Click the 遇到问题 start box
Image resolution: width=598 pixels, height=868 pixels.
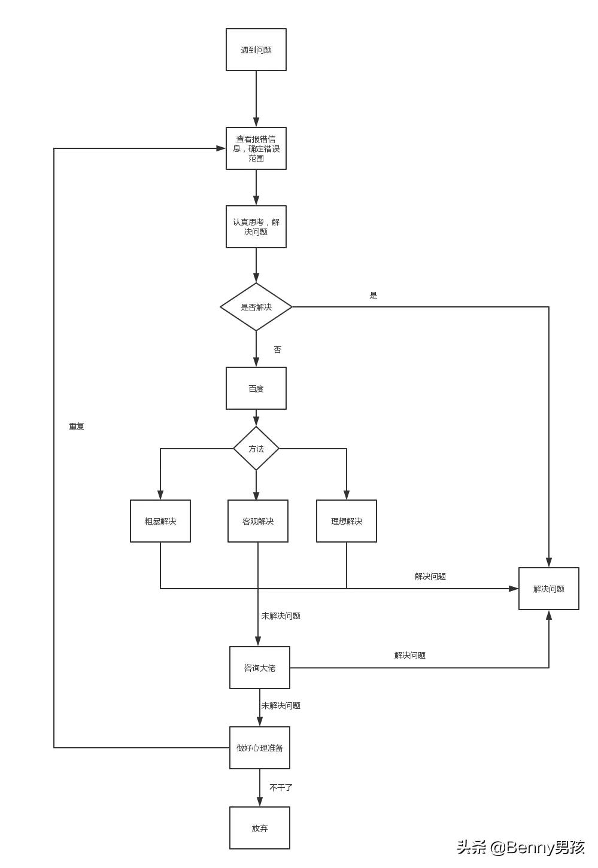(x=256, y=50)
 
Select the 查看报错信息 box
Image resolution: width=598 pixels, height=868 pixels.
(x=256, y=148)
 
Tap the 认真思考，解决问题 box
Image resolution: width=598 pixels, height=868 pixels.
(x=256, y=227)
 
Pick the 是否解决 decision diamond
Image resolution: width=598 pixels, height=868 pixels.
(x=256, y=307)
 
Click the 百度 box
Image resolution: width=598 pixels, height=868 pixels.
(x=256, y=388)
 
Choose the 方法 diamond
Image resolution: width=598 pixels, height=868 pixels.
(x=256, y=449)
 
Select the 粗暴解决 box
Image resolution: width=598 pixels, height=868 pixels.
(x=160, y=521)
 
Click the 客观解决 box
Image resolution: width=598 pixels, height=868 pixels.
(x=258, y=521)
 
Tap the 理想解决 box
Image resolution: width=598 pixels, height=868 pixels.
(x=347, y=521)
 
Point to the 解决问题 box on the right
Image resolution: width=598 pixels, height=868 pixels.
(x=549, y=589)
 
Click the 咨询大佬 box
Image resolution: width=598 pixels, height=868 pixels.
(x=260, y=668)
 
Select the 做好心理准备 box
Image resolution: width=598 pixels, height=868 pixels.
(x=260, y=748)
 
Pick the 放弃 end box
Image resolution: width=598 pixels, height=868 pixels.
(x=260, y=828)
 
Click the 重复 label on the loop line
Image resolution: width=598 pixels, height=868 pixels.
(x=77, y=427)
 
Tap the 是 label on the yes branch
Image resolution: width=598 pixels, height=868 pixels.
(x=374, y=296)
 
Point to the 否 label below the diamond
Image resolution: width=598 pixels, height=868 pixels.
(x=277, y=350)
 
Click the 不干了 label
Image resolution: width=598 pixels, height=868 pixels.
(x=281, y=788)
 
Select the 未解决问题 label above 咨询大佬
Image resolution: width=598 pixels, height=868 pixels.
(x=281, y=616)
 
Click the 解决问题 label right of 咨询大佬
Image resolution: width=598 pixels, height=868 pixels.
(x=410, y=656)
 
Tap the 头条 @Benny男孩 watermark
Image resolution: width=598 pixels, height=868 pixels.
(x=521, y=847)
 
